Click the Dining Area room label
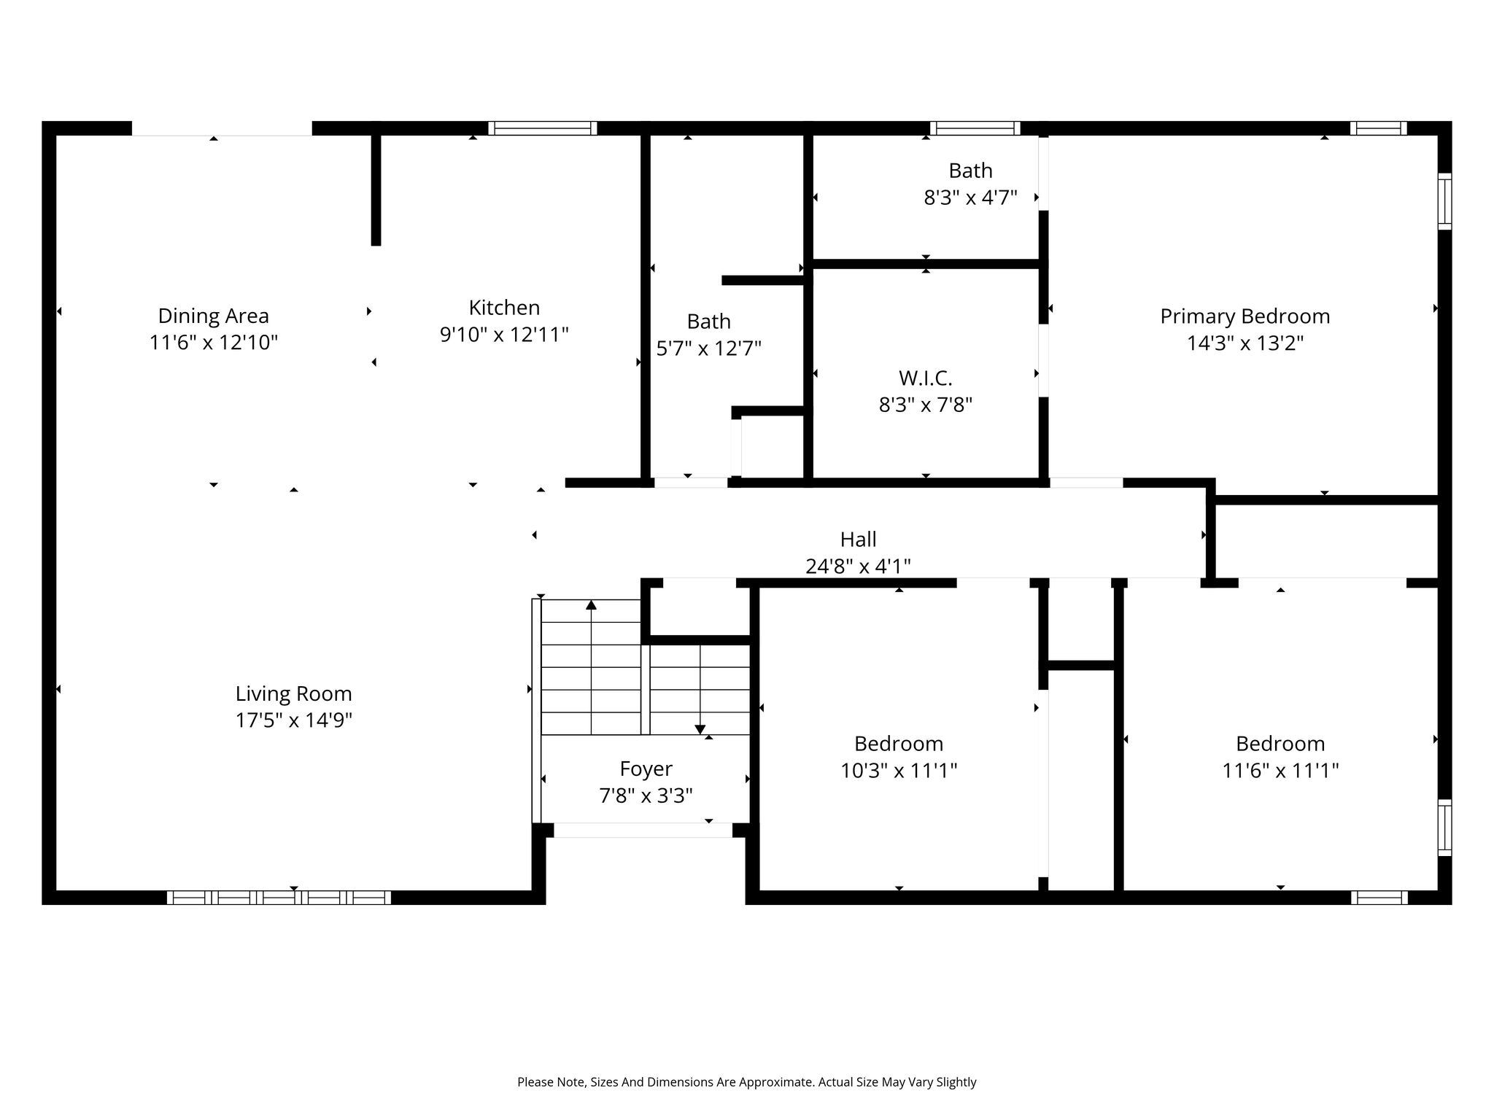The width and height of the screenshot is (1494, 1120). [x=214, y=316]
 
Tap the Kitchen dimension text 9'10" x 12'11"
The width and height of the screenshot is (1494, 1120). [x=504, y=335]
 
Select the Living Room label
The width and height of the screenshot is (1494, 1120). [x=293, y=693]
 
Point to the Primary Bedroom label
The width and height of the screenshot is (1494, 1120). [x=1245, y=316]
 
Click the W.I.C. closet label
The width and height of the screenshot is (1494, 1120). [x=926, y=378]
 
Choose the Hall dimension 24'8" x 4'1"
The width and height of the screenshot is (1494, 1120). [x=858, y=566]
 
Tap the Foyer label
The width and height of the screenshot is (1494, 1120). [x=646, y=769]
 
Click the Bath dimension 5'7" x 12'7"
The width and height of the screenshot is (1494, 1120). [x=708, y=349]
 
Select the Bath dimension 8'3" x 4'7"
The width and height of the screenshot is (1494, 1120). [x=970, y=198]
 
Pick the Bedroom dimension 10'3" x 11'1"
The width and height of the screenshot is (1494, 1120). [x=899, y=770]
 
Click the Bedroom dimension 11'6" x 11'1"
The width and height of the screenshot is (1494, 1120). [x=1280, y=770]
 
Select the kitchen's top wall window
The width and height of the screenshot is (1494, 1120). [x=543, y=128]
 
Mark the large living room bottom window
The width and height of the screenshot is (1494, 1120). [x=279, y=898]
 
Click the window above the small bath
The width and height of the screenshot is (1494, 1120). [x=975, y=128]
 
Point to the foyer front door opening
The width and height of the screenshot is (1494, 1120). [x=643, y=830]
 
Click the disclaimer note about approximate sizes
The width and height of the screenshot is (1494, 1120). [x=747, y=1082]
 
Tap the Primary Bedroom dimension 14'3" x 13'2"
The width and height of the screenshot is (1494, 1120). [x=1245, y=343]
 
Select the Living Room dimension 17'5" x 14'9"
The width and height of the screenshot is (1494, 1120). [x=293, y=720]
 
